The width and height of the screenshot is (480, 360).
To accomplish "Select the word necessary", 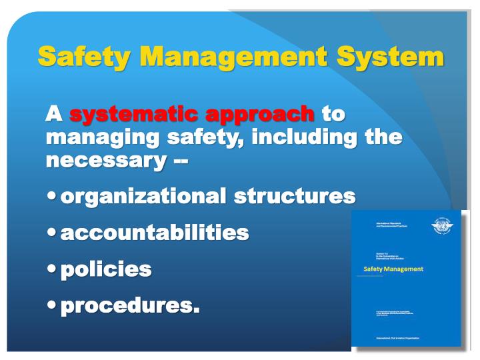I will (104, 161).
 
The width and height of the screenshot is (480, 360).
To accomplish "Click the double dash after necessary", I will (179, 161).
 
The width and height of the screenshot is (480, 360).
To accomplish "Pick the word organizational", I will (144, 197).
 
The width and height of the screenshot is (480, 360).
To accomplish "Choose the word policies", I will (106, 269).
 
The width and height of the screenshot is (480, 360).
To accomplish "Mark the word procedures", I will (130, 306).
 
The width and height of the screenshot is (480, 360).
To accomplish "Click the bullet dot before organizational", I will (53, 197).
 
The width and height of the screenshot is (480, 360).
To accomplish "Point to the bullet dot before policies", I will (53, 270).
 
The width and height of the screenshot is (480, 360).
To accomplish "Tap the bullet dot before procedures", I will (53, 306).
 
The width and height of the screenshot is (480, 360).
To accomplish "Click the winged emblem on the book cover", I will (441, 227).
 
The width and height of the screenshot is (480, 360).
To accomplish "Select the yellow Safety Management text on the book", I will (393, 269).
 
